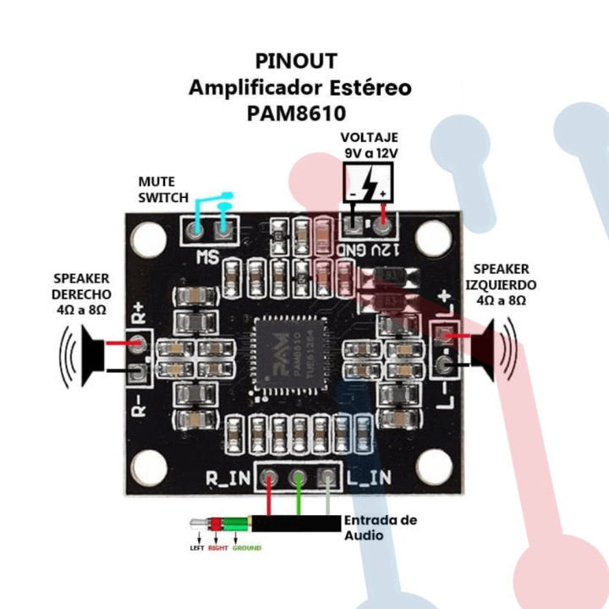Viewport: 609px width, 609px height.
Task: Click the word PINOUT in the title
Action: [x=296, y=61]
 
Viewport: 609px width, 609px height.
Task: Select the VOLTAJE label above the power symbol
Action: [x=370, y=138]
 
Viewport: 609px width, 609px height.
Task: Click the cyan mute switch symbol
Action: [x=211, y=211]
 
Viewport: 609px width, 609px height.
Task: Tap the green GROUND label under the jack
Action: [x=246, y=548]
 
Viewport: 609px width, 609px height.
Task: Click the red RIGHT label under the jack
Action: [x=218, y=548]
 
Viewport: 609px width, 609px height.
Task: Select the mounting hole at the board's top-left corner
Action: [x=149, y=240]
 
